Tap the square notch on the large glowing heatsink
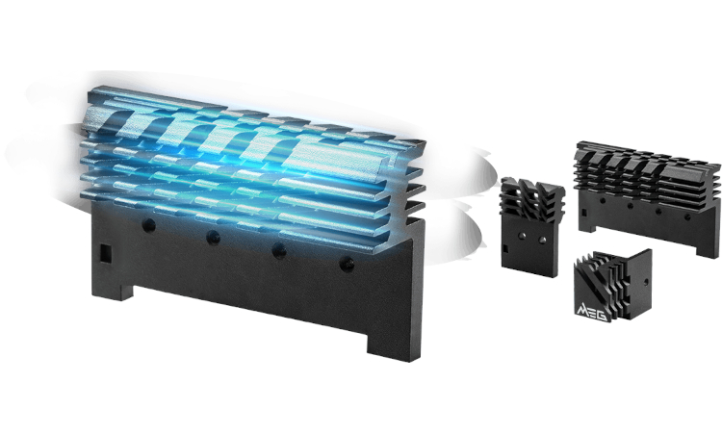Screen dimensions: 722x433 106,252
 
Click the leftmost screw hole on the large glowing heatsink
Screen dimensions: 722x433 148,225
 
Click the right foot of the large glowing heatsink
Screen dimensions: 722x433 394,345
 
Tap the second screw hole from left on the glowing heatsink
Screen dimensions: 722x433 213,238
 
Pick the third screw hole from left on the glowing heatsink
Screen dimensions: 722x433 278,251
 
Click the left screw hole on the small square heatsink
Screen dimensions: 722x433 522,236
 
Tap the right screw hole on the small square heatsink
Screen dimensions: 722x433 542,240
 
